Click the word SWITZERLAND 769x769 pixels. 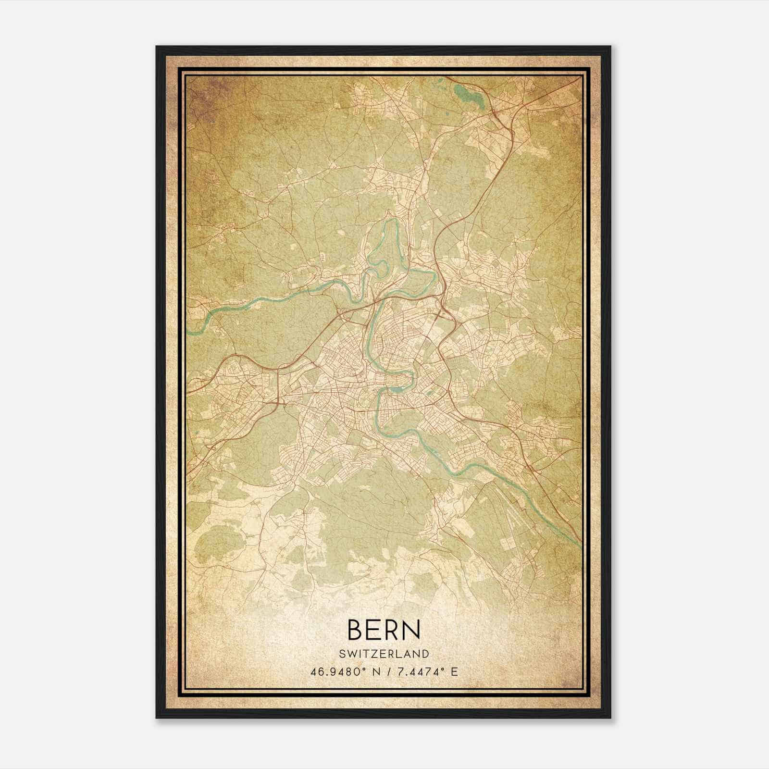384,654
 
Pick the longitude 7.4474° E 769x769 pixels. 426,671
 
